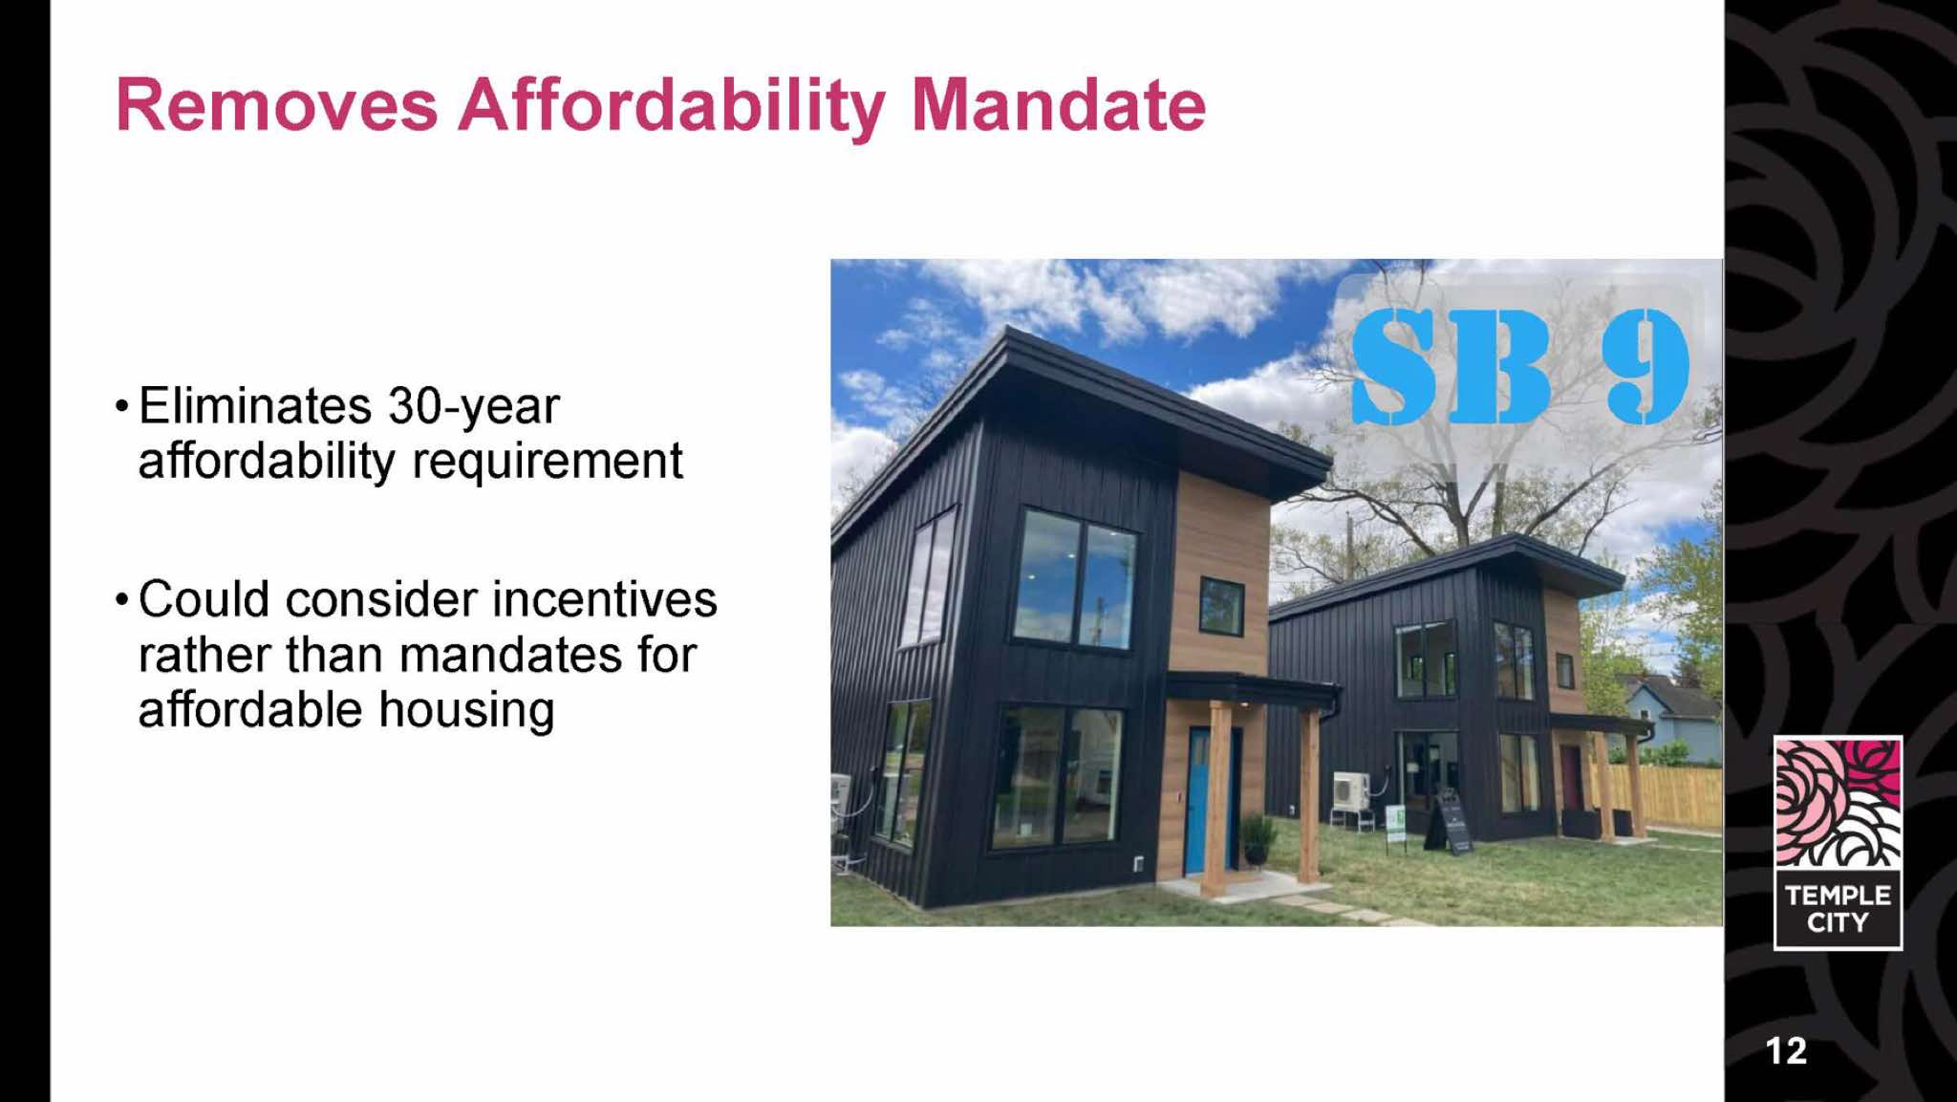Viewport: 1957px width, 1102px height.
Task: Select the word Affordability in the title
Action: (x=673, y=107)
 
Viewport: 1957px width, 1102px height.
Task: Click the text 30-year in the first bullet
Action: (x=474, y=407)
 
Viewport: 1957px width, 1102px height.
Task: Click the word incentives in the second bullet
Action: (x=605, y=600)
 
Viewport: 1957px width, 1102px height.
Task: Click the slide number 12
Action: (x=1786, y=1050)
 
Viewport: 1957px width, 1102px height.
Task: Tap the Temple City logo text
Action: (x=1838, y=908)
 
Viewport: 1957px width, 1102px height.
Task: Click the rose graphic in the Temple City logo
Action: (x=1838, y=804)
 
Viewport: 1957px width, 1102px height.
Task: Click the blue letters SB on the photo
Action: (x=1451, y=366)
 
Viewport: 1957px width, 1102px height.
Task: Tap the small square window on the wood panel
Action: (x=1221, y=607)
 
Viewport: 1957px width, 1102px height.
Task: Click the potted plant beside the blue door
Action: (x=1256, y=837)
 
